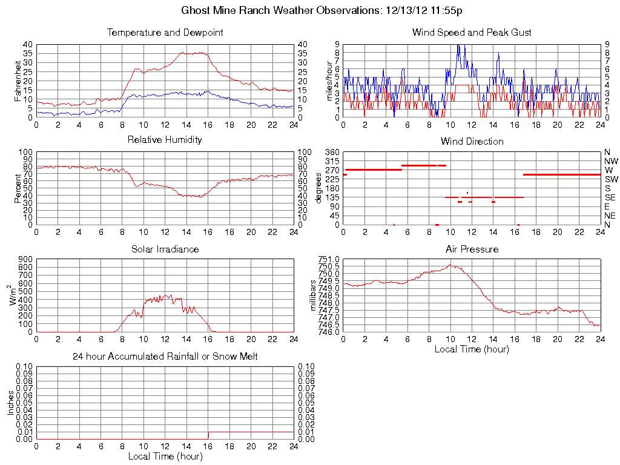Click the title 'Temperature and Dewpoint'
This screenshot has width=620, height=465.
coord(165,33)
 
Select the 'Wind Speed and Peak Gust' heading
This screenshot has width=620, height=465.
coord(472,33)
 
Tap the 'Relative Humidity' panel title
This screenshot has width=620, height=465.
coord(165,140)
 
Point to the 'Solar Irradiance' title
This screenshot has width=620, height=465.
coord(165,249)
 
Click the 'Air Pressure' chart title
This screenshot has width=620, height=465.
coord(472,249)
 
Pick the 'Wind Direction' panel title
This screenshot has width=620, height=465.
coord(472,142)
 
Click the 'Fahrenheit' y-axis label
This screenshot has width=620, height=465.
coord(18,81)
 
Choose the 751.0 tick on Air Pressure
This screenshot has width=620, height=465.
coord(330,259)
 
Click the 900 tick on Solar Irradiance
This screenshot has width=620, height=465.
coord(25,259)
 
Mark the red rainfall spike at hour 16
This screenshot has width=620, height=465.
coord(208,435)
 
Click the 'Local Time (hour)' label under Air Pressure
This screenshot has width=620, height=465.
coord(472,349)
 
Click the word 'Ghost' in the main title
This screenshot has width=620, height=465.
coord(196,10)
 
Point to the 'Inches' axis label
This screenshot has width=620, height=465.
coord(10,403)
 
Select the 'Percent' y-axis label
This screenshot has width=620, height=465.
coord(18,188)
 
